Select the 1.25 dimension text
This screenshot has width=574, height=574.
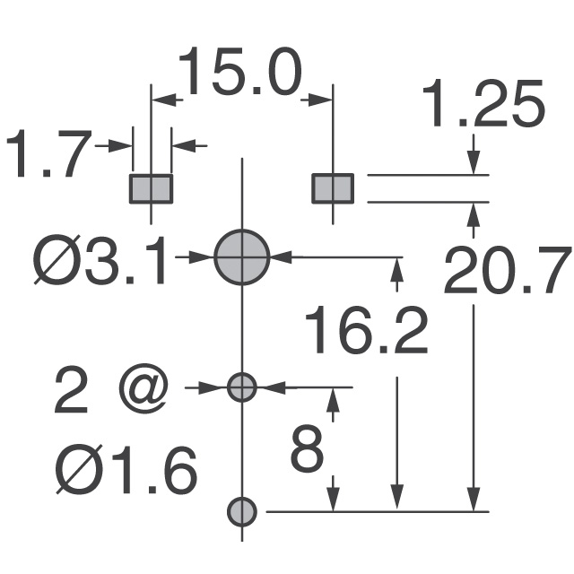pyautogui.click(x=484, y=107)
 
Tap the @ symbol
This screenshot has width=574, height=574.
pyautogui.click(x=143, y=392)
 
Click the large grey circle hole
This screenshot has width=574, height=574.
pyautogui.click(x=242, y=257)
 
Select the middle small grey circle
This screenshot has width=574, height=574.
pyautogui.click(x=242, y=387)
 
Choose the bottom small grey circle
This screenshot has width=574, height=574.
pyautogui.click(x=242, y=511)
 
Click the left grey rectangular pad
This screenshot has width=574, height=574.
pyautogui.click(x=152, y=188)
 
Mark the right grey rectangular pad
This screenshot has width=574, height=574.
pyautogui.click(x=333, y=188)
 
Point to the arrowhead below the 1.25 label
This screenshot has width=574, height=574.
pyautogui.click(x=474, y=161)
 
